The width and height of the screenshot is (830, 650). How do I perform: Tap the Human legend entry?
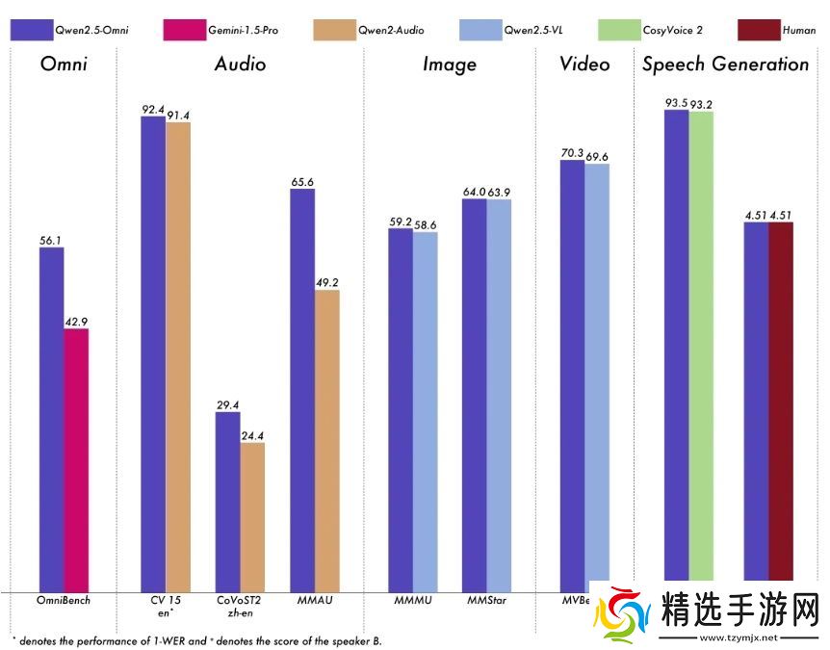point(781,30)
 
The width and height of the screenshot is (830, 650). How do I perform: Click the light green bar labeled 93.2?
point(701,347)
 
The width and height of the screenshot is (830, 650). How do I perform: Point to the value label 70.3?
point(572,152)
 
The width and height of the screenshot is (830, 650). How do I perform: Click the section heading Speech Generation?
point(725,65)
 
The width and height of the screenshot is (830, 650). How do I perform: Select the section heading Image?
point(450,65)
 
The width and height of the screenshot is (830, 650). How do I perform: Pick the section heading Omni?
point(65,65)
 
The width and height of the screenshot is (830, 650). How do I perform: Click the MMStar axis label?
point(486,601)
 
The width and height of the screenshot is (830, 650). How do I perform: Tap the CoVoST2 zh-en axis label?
point(240,607)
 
